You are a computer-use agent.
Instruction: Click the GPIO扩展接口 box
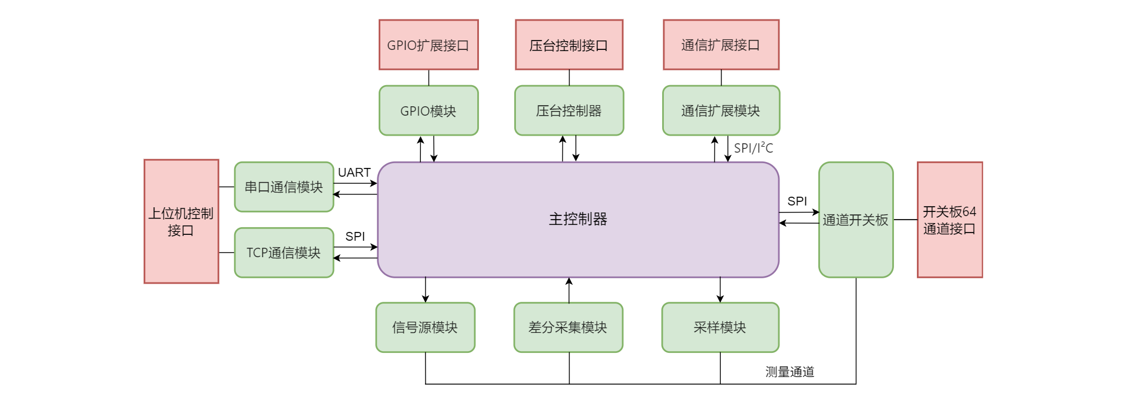pos(428,45)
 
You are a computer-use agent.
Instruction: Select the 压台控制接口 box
pos(568,45)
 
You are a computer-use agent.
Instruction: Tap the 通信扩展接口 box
pos(721,45)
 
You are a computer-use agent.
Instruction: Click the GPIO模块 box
pos(428,110)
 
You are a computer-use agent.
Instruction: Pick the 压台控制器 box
pos(568,110)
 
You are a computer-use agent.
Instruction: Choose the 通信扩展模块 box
pos(721,110)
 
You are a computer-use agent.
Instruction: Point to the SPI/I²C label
pos(754,148)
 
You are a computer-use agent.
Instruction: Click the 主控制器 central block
pos(578,219)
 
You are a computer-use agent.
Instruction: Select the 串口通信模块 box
pos(284,187)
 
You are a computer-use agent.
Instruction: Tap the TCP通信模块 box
pos(284,252)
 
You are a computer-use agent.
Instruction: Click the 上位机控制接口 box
pos(181,221)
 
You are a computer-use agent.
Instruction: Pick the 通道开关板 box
pos(855,220)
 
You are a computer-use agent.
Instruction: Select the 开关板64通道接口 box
pos(949,220)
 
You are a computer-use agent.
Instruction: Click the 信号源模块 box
pos(425,327)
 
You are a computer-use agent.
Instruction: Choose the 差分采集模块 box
pos(568,327)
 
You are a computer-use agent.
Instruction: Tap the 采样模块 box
pos(720,327)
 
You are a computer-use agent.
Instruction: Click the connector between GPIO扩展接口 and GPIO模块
pos(428,78)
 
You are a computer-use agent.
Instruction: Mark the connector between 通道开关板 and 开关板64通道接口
pos(905,220)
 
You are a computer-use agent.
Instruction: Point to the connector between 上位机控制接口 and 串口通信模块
pos(226,187)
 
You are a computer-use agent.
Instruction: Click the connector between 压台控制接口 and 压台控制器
pos(569,78)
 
